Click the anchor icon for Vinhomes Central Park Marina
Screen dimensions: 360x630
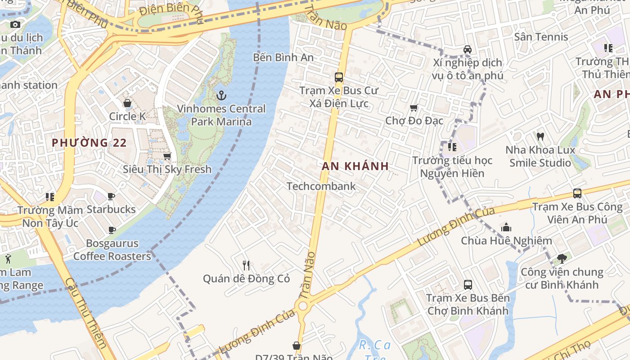click(x=221, y=95)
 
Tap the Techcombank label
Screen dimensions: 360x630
click(x=321, y=186)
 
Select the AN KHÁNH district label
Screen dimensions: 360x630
click(x=355, y=166)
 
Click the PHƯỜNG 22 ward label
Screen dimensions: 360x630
click(x=89, y=143)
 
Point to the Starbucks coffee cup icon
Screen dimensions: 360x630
click(x=111, y=196)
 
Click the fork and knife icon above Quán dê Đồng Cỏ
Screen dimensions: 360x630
click(x=246, y=265)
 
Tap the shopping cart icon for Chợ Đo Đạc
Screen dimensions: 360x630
click(x=414, y=108)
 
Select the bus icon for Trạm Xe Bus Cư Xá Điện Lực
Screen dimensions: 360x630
click(x=339, y=77)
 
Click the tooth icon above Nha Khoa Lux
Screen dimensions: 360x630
click(x=540, y=136)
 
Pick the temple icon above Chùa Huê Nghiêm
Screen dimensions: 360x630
click(x=506, y=227)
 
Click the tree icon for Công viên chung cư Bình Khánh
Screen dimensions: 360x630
click(x=561, y=259)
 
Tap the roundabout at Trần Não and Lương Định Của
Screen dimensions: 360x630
click(x=303, y=306)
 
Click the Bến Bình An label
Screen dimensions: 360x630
click(x=283, y=58)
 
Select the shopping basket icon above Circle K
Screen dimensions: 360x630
click(x=127, y=103)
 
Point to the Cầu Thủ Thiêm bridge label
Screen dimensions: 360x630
click(x=85, y=313)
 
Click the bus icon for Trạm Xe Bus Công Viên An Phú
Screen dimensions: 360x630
click(x=577, y=193)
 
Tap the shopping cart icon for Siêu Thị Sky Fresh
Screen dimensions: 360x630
click(x=167, y=156)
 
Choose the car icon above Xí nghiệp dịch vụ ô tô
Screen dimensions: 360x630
click(x=468, y=49)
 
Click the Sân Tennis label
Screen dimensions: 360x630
click(x=541, y=37)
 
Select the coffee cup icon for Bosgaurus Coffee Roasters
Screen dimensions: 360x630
click(x=112, y=230)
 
